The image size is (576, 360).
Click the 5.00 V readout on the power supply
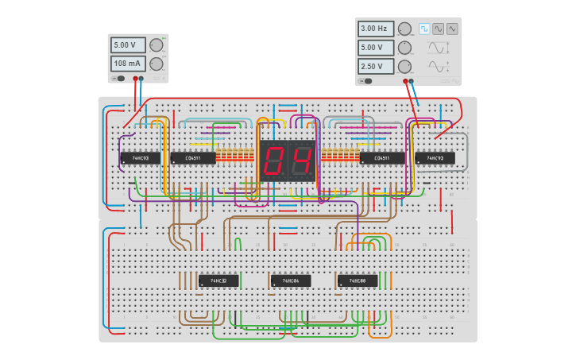128,45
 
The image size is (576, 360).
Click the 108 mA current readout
128,64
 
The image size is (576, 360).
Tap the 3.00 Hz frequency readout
375,29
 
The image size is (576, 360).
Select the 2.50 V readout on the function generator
375,67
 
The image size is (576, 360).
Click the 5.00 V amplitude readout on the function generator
375,48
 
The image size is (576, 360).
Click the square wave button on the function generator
424,29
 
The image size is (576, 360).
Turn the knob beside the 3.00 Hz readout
404,29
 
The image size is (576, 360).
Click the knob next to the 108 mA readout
157,64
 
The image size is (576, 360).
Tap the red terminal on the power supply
136,79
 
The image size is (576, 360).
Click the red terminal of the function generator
405,81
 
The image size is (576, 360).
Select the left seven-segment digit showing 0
273,161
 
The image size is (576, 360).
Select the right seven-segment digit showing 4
302,161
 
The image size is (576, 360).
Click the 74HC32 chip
218,281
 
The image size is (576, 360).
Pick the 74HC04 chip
290,281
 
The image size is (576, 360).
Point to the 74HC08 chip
358,281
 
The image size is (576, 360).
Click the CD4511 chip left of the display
193,158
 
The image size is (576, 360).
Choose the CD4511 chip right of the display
381,158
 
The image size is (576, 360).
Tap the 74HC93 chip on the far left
140,158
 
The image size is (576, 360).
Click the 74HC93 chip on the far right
435,158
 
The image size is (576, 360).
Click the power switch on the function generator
366,81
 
